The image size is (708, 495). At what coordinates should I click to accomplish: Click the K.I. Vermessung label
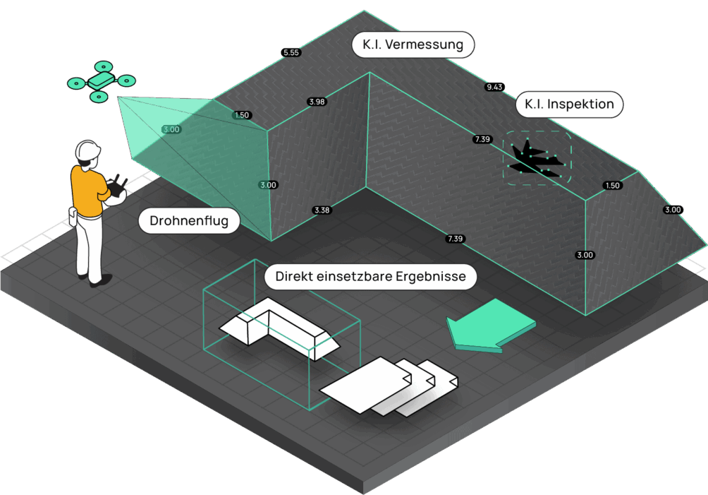tap(413, 45)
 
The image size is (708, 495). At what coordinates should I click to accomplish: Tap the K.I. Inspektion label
tap(569, 105)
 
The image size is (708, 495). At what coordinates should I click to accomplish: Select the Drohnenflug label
tap(189, 221)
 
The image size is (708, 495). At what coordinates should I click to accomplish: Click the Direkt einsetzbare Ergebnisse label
tap(370, 277)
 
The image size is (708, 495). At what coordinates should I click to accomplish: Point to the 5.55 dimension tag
tap(291, 52)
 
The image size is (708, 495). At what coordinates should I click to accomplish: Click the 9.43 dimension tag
tap(495, 87)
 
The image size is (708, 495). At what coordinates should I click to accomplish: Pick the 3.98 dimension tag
tap(317, 102)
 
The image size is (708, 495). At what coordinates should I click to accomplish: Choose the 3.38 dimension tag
tap(322, 210)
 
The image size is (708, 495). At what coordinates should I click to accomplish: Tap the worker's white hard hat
tap(87, 150)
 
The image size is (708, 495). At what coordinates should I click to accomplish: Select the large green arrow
tap(489, 324)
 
